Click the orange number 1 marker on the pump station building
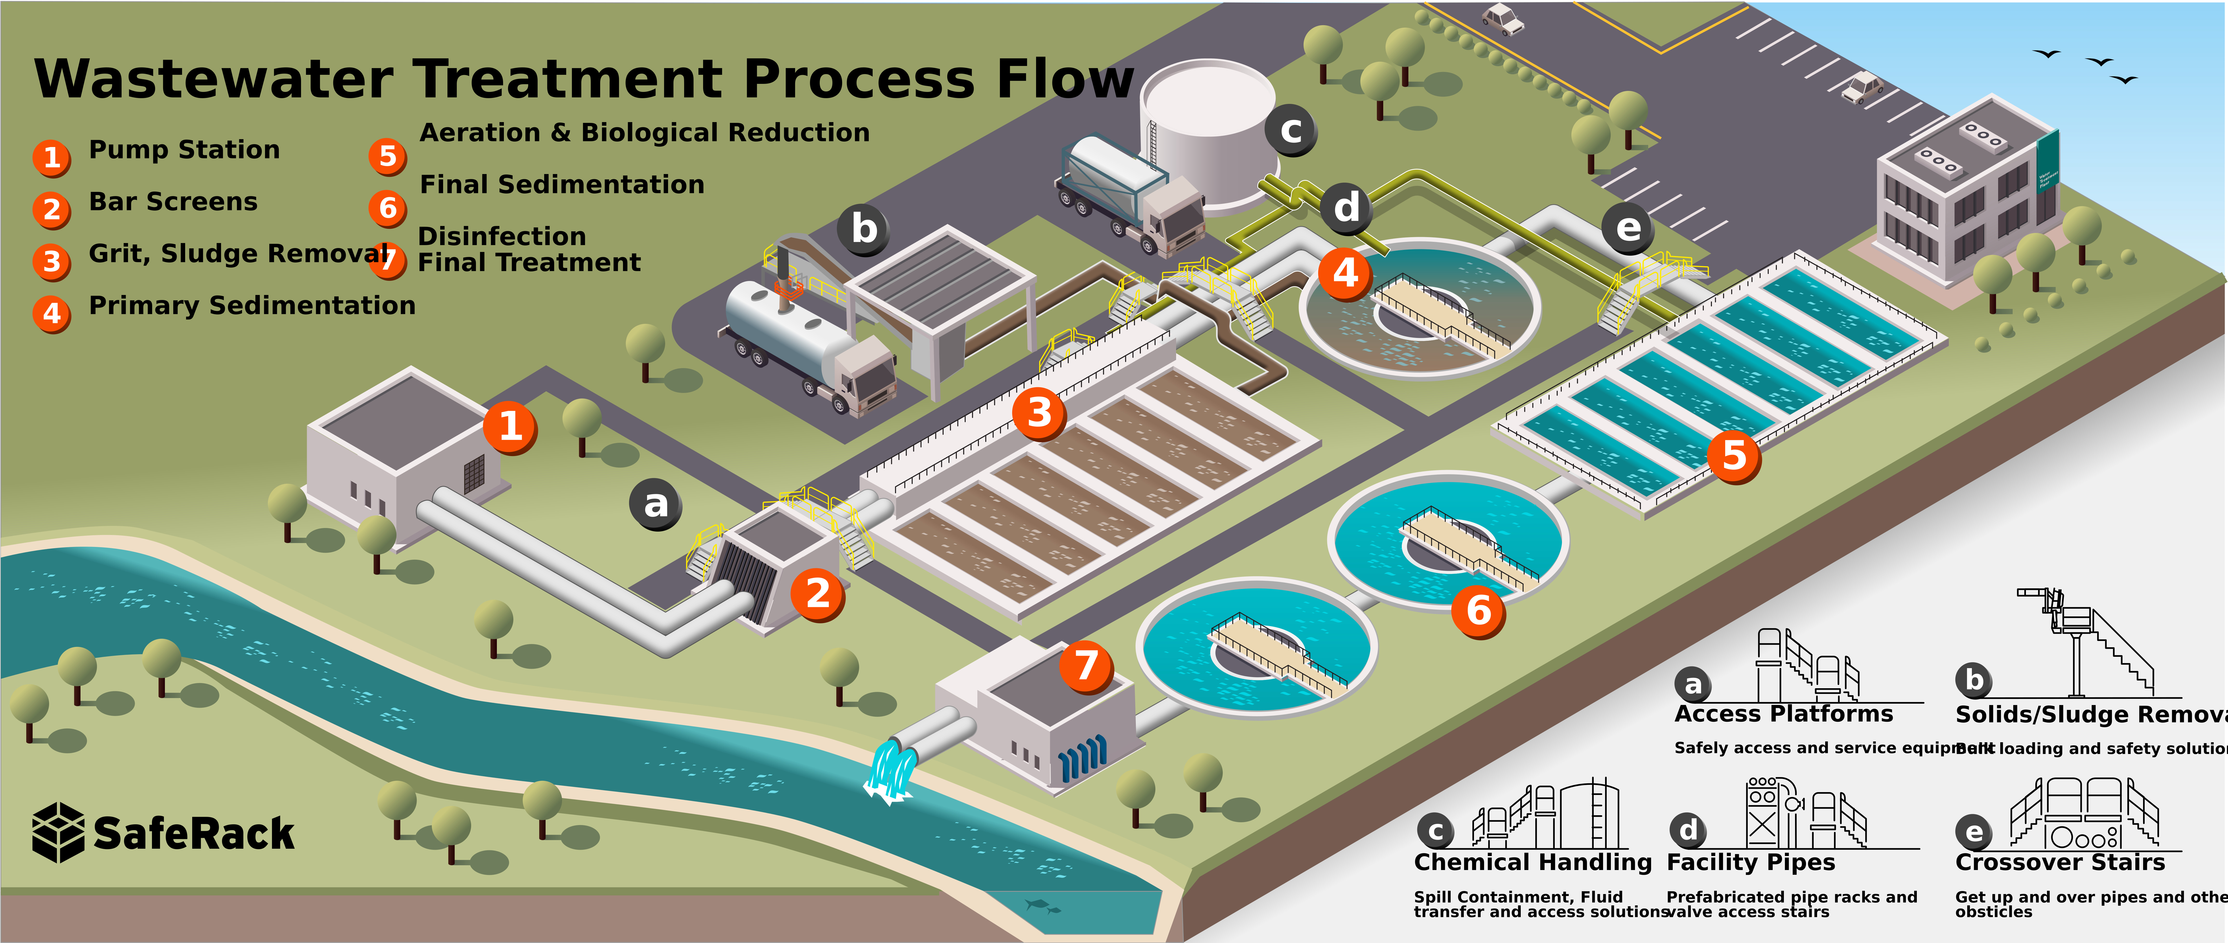(510, 426)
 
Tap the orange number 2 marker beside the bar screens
(817, 593)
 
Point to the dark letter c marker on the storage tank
(1290, 131)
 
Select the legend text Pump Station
(184, 150)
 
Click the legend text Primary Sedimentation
(252, 305)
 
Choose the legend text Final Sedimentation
(562, 184)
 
